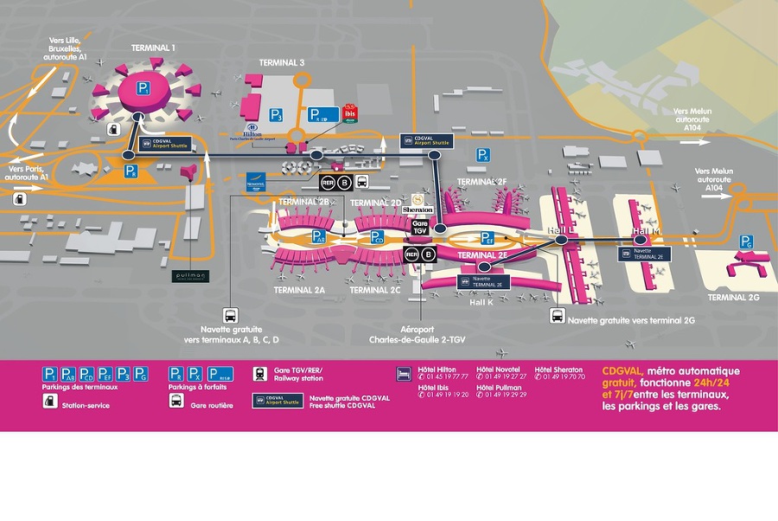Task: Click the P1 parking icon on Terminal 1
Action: pos(143,88)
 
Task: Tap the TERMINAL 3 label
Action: pos(282,63)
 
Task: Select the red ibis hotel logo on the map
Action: pos(349,113)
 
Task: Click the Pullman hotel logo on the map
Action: pos(190,277)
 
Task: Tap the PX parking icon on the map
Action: pos(484,155)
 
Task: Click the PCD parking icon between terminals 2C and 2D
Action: pos(378,237)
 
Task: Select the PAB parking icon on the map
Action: pos(319,236)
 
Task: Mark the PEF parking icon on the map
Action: pos(488,237)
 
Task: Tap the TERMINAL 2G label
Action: pos(733,298)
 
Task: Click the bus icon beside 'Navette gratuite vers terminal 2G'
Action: pos(558,316)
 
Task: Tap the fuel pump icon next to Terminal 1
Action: pos(114,128)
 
